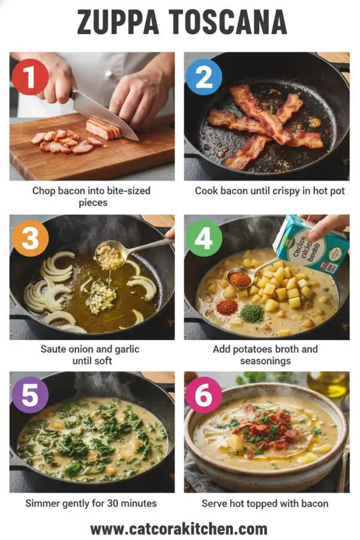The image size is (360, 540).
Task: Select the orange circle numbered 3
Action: pos(30,239)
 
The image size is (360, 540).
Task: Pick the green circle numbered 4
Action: pos(204,239)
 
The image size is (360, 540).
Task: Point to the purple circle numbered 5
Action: pos(30,395)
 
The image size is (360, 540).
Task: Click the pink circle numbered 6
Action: pos(204,395)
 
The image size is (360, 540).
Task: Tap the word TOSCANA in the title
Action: pos(229,23)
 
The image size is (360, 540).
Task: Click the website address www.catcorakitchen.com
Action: pos(179,529)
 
